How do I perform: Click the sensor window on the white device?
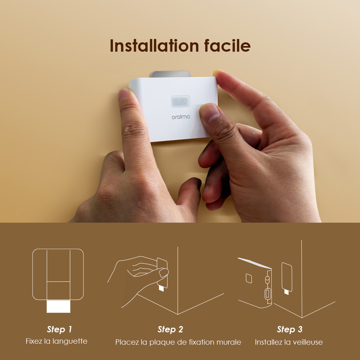(x=180, y=101)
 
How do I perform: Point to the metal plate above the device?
(x=171, y=74)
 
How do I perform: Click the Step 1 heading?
(x=59, y=329)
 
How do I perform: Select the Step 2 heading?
(x=170, y=329)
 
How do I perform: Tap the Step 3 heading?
(x=289, y=329)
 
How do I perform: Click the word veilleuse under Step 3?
(x=306, y=342)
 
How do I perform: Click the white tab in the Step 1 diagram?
(x=58, y=306)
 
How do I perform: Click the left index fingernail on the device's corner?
(x=124, y=93)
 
